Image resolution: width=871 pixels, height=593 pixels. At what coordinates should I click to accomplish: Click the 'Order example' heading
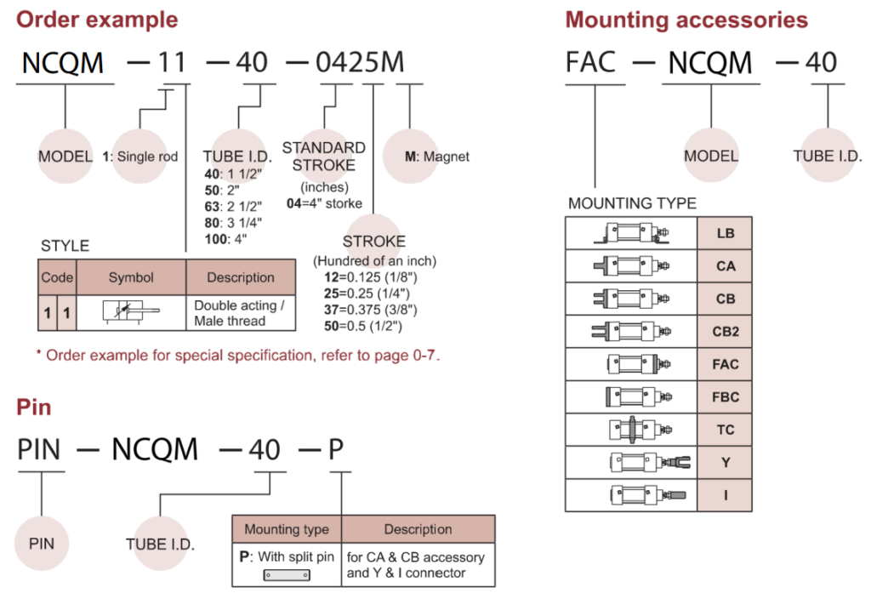coord(98,19)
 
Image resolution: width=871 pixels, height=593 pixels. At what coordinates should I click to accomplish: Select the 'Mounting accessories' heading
coord(686,19)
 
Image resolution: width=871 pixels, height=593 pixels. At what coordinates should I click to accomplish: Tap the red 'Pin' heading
coord(34,407)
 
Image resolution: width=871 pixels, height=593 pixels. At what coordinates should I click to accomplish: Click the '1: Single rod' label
coord(140,157)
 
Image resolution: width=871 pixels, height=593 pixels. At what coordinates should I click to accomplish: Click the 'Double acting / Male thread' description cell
coord(236,313)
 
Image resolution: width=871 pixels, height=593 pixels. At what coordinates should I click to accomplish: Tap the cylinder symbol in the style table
coord(130,313)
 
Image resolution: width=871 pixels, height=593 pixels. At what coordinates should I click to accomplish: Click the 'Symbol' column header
coord(131,277)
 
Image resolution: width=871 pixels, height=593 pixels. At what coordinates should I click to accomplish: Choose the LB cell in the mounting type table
coord(725,233)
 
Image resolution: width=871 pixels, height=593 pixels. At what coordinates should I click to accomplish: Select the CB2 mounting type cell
coord(725,332)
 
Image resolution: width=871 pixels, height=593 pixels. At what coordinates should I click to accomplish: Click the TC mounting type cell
coord(725,430)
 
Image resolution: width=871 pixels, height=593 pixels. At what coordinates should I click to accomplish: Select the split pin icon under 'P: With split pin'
coord(287,575)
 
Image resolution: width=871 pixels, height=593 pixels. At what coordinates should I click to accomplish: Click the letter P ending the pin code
coord(336,448)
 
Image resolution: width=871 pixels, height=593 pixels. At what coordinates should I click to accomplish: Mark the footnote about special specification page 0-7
coord(237,354)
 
